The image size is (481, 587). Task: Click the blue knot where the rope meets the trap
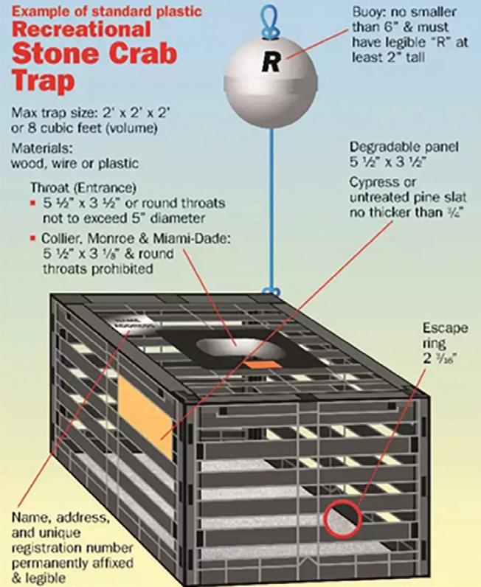(271, 293)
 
